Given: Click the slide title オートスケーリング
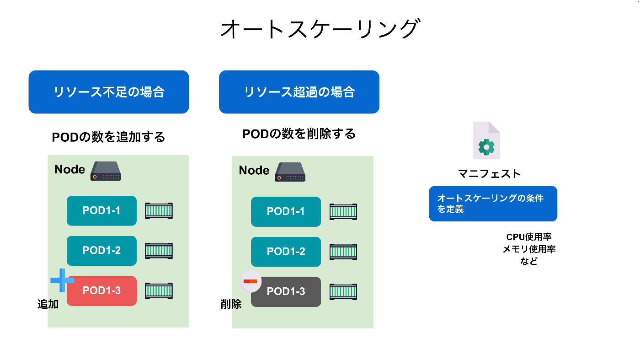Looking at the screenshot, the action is (x=320, y=29).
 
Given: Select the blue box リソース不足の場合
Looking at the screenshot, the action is (x=109, y=92).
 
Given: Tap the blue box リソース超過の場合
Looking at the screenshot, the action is (x=299, y=92).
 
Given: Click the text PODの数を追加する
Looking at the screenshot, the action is (x=108, y=137).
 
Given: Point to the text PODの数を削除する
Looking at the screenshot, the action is (x=299, y=134).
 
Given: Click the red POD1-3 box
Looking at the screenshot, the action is (x=101, y=291).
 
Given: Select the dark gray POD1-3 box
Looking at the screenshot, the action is (x=286, y=292).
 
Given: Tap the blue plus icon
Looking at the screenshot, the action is (x=62, y=280).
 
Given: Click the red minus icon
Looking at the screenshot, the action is (x=251, y=281).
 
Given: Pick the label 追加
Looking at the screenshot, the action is (x=48, y=304).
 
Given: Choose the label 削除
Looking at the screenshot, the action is (x=231, y=304).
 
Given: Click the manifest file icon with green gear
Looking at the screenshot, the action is (x=486, y=140).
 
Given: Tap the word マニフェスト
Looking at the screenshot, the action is (x=489, y=173).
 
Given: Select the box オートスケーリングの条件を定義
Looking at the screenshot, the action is (x=493, y=204).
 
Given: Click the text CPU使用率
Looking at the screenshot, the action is (x=529, y=237).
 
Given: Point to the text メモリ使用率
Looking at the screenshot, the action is (x=529, y=249).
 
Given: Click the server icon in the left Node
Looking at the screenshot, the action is (x=106, y=171).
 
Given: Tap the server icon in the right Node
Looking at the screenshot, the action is (x=290, y=172).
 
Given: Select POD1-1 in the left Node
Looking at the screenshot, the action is (x=101, y=211).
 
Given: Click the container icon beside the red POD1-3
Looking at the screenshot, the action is (x=159, y=291).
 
